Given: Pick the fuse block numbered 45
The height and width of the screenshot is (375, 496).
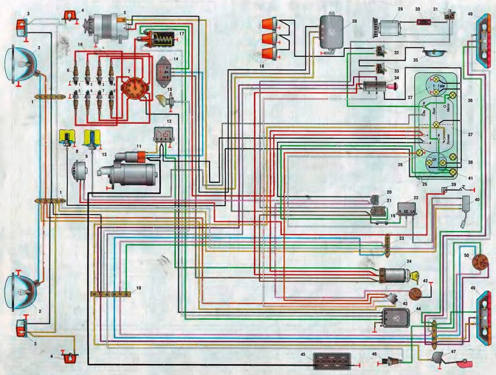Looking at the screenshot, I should click(x=332, y=362).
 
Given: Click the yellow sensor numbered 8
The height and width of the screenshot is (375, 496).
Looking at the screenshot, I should click(x=65, y=137).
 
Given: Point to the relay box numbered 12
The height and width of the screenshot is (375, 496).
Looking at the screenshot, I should click(x=163, y=134).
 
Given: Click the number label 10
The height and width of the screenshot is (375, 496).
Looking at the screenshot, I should click(x=139, y=288).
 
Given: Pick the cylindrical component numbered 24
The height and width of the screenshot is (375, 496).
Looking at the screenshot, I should click(x=394, y=275).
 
